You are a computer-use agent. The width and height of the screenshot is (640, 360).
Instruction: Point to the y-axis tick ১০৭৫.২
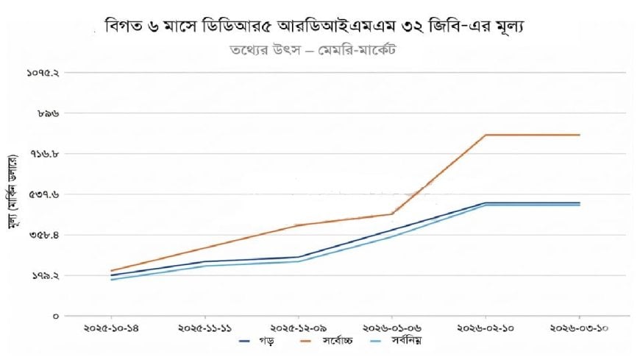click(43, 73)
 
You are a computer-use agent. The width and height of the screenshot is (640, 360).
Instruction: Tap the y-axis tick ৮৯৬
click(49, 113)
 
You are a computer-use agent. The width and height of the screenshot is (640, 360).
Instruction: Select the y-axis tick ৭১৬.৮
click(45, 154)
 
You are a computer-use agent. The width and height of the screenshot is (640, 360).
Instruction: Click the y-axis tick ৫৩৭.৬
click(45, 194)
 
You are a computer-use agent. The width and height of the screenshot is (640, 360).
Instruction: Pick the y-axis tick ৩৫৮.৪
click(45, 235)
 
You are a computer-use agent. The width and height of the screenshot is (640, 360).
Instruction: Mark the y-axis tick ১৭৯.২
click(45, 275)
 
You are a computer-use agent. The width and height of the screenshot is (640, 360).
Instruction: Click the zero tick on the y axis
click(55, 316)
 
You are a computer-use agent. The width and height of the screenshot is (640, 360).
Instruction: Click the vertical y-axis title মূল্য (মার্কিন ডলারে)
click(13, 193)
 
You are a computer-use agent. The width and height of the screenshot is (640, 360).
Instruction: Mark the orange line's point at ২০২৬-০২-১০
click(486, 135)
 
